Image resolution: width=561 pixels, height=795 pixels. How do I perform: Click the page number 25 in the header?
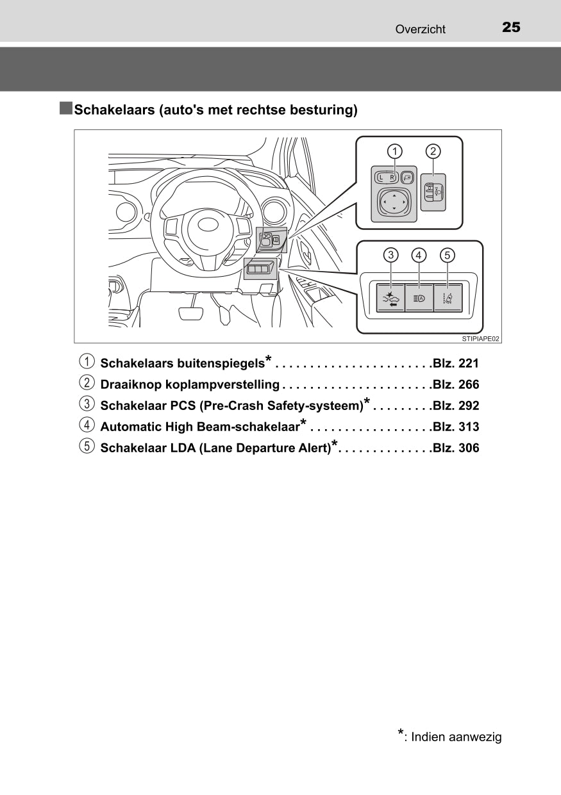(511, 28)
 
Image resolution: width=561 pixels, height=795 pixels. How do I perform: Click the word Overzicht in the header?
(420, 29)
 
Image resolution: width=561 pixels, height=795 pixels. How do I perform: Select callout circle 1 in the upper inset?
(394, 152)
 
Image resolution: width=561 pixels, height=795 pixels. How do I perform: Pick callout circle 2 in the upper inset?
(433, 152)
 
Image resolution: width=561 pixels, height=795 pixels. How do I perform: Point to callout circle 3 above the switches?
(391, 255)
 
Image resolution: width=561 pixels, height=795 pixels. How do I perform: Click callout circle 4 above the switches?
(419, 255)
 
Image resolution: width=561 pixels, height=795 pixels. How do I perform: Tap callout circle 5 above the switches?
(448, 255)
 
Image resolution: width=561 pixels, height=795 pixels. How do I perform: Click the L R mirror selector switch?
(387, 177)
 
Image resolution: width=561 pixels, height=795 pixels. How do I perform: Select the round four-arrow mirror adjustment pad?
(394, 202)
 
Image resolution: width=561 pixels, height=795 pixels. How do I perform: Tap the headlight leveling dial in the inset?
(433, 192)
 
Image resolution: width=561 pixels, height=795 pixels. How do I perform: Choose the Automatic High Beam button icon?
(419, 299)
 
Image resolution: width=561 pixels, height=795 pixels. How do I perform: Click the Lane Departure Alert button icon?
(448, 299)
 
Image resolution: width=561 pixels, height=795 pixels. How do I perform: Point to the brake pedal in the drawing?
(191, 314)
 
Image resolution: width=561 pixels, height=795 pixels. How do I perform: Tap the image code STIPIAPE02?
(480, 339)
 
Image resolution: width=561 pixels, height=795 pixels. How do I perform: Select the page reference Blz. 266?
(456, 384)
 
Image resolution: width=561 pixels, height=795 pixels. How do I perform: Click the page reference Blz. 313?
(456, 427)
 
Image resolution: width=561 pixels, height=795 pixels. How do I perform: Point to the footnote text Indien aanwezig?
(456, 737)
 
